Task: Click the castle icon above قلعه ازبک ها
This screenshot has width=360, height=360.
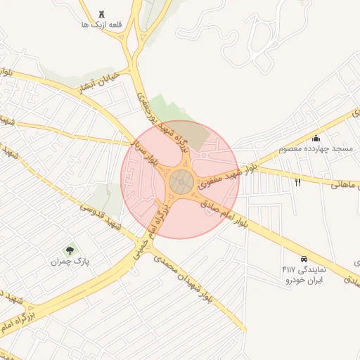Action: click(103, 14)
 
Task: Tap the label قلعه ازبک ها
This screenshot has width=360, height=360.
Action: click(103, 25)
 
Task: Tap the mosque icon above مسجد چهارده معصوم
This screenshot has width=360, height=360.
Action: click(316, 138)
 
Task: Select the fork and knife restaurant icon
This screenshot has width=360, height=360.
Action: click(297, 183)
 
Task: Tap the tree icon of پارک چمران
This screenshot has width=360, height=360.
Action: click(70, 250)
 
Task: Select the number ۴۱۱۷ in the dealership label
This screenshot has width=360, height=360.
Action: click(289, 269)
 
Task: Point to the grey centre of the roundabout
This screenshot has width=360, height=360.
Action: click(181, 184)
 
